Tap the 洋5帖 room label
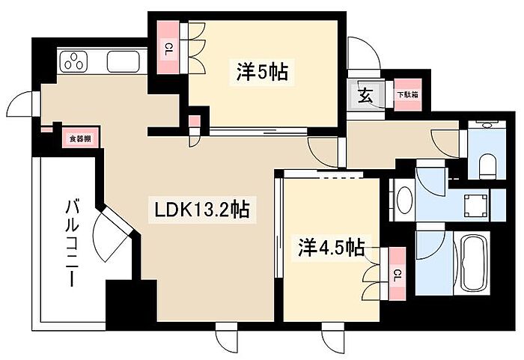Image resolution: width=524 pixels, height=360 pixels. click(x=262, y=73)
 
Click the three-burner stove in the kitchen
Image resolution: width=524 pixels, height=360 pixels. click(x=76, y=61)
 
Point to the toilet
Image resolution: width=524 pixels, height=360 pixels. click(x=487, y=162)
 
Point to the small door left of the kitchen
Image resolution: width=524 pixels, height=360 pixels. click(x=28, y=105)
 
